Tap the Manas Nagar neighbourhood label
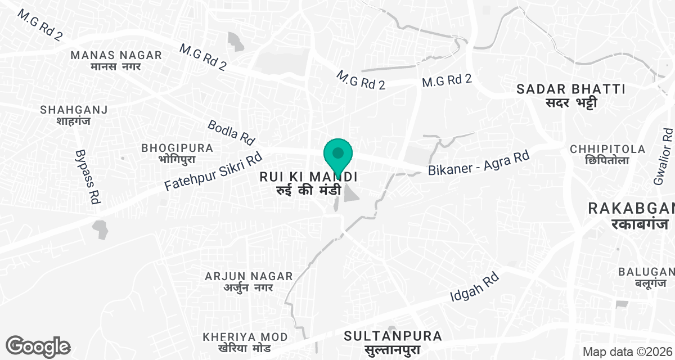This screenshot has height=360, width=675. pyautogui.click(x=116, y=60)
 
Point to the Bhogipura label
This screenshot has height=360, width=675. pyautogui.click(x=177, y=153)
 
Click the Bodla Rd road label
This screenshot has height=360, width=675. pyautogui.click(x=231, y=132)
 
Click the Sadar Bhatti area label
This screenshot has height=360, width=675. pyautogui.click(x=571, y=95)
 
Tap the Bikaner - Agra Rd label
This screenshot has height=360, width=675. pyautogui.click(x=479, y=163)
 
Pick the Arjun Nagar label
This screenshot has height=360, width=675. pyautogui.click(x=249, y=281)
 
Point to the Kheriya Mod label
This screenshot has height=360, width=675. pyautogui.click(x=245, y=342)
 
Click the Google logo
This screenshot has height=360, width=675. pyautogui.click(x=38, y=346)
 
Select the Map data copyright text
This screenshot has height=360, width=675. pyautogui.click(x=627, y=352)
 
